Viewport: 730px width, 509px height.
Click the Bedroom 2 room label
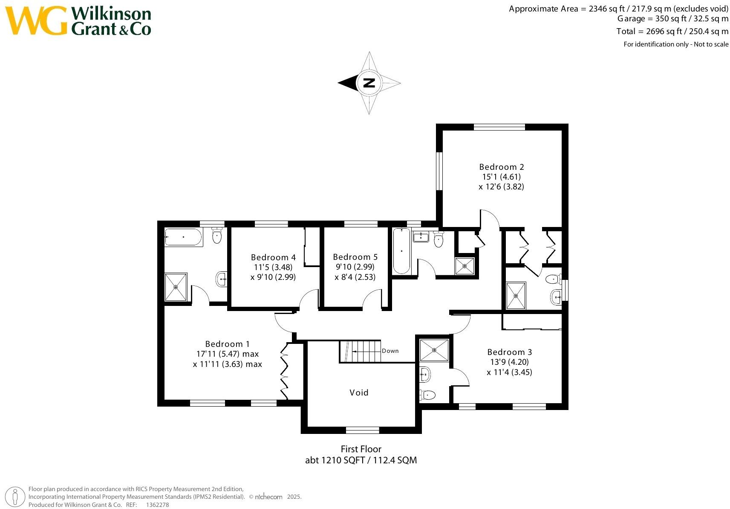[x=501, y=167]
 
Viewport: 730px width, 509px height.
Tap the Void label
[x=359, y=393]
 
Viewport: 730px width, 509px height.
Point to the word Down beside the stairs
[x=390, y=351]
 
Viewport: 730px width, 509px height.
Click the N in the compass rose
[x=369, y=83]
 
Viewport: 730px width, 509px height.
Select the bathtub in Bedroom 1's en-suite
[x=184, y=237]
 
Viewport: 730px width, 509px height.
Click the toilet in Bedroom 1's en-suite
[x=217, y=236]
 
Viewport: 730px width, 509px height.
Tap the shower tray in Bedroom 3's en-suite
[x=434, y=350]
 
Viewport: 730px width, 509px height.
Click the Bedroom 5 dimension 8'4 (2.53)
[x=355, y=277]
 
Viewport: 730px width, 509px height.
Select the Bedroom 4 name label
[x=273, y=257]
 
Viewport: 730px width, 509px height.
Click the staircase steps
[x=360, y=351]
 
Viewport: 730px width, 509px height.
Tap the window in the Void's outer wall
[x=362, y=430]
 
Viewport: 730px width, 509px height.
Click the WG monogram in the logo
[x=36, y=21]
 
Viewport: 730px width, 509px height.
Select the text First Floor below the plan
[x=361, y=449]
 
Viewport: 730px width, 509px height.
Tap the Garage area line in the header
[x=672, y=19]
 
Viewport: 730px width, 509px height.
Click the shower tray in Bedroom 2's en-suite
[x=516, y=296]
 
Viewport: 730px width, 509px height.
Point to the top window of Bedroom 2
[x=499, y=127]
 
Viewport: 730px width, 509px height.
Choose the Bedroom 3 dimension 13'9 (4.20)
[x=510, y=362]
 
